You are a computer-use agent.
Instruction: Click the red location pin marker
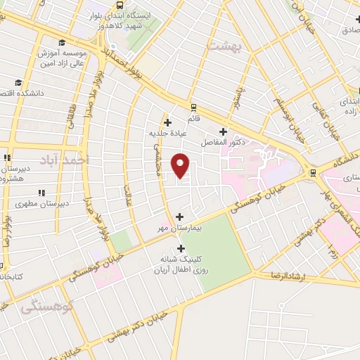pyautogui.click(x=181, y=166)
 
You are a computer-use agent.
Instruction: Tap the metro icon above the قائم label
pyautogui.click(x=193, y=108)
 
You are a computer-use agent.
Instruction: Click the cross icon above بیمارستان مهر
pyautogui.click(x=180, y=217)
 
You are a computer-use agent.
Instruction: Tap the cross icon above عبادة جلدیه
pyautogui.click(x=167, y=122)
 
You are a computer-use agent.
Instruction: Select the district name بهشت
pyautogui.click(x=224, y=45)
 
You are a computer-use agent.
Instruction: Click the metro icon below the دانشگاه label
pyautogui.click(x=311, y=173)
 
